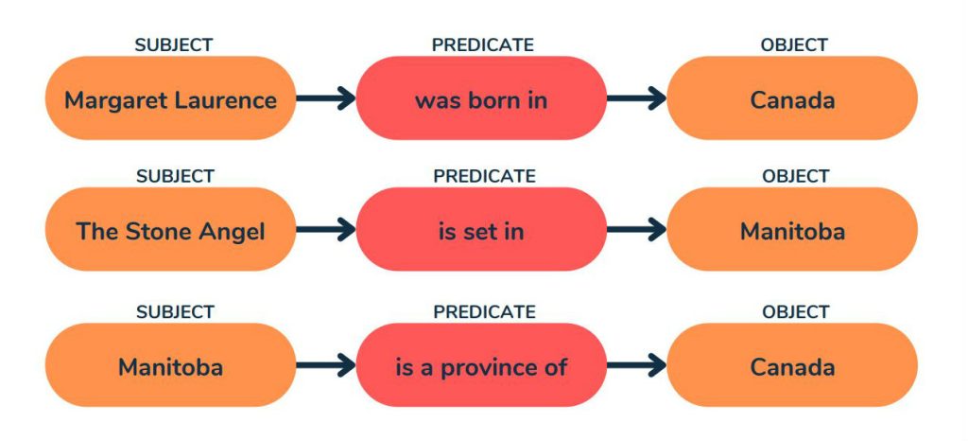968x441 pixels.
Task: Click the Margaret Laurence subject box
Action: tap(170, 98)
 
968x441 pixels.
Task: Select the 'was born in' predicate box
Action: tap(481, 98)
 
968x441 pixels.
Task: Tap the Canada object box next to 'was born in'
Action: tap(792, 98)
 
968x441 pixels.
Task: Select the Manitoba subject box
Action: tap(170, 365)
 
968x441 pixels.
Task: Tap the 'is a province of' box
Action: tap(481, 365)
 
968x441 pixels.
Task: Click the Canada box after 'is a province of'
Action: tap(792, 365)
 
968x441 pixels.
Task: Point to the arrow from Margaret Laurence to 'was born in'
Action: tap(326, 98)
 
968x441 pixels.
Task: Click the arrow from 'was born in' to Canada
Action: tap(637, 98)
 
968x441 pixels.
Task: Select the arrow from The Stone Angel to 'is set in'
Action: tap(326, 229)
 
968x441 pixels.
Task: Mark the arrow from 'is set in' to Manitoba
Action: tap(637, 229)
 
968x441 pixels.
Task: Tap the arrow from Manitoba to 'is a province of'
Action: tap(326, 365)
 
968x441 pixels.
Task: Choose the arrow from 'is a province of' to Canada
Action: tap(637, 365)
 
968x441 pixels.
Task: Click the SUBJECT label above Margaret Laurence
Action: tap(174, 45)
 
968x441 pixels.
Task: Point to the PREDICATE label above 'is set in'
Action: tap(484, 176)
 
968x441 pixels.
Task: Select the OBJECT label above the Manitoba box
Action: tap(795, 176)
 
